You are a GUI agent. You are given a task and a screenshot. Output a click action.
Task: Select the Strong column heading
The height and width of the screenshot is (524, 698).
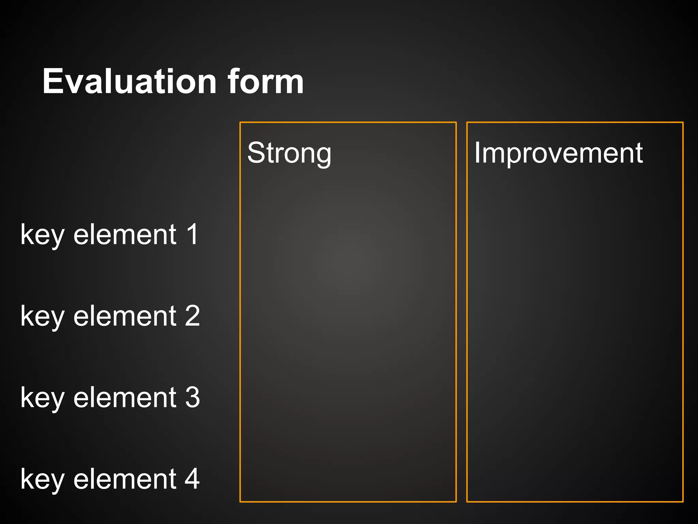pos(289,153)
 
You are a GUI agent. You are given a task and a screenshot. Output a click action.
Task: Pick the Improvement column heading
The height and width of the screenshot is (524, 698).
pos(558,153)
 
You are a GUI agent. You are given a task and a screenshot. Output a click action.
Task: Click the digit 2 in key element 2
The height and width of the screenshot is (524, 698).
pos(193,316)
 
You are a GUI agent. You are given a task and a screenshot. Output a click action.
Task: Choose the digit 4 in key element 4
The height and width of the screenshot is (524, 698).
pos(193,479)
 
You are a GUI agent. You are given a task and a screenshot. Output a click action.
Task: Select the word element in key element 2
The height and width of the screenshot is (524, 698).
pos(125,316)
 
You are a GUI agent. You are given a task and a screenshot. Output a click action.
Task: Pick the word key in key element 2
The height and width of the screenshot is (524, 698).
pos(42,317)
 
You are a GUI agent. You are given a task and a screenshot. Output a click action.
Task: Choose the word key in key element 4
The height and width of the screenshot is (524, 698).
pos(42,480)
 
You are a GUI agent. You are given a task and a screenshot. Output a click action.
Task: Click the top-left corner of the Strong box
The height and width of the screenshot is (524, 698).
pos(240,122)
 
